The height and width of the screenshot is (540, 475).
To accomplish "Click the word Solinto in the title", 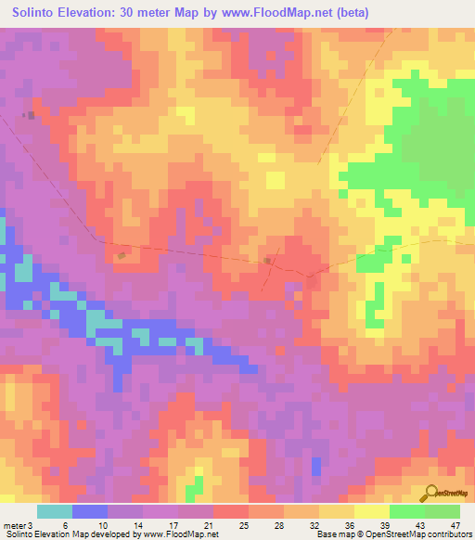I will (x=38, y=13).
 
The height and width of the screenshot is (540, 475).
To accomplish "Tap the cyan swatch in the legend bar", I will (x=55, y=511).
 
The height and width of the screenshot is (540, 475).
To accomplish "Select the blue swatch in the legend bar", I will (x=90, y=511).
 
